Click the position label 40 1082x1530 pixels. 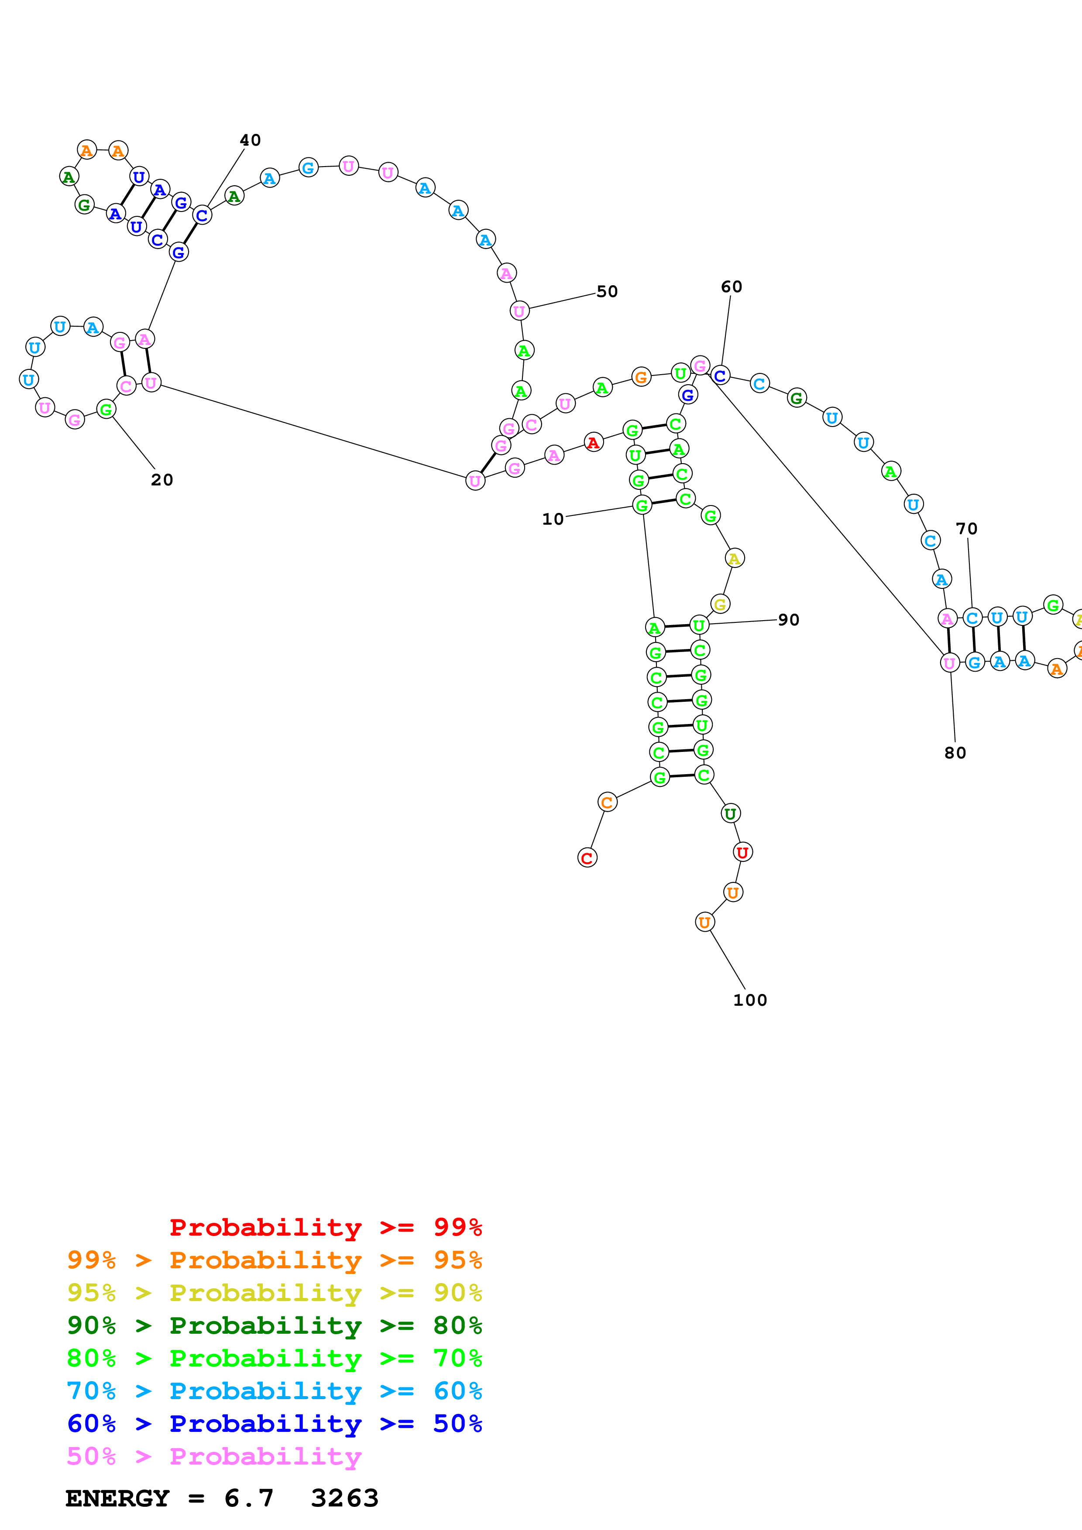tap(250, 140)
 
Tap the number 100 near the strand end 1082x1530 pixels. tap(750, 1000)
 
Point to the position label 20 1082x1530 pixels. tap(162, 480)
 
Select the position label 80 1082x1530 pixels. tap(955, 752)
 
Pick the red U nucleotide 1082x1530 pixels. tap(742, 852)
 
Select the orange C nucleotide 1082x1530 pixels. tap(607, 803)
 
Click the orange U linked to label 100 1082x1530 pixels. tap(704, 922)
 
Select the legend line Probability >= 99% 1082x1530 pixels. tap(326, 1227)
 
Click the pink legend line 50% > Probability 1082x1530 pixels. tap(214, 1456)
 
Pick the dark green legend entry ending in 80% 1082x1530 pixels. tap(275, 1325)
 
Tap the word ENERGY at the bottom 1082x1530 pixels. tap(117, 1498)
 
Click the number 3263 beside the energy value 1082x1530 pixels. tap(345, 1498)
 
